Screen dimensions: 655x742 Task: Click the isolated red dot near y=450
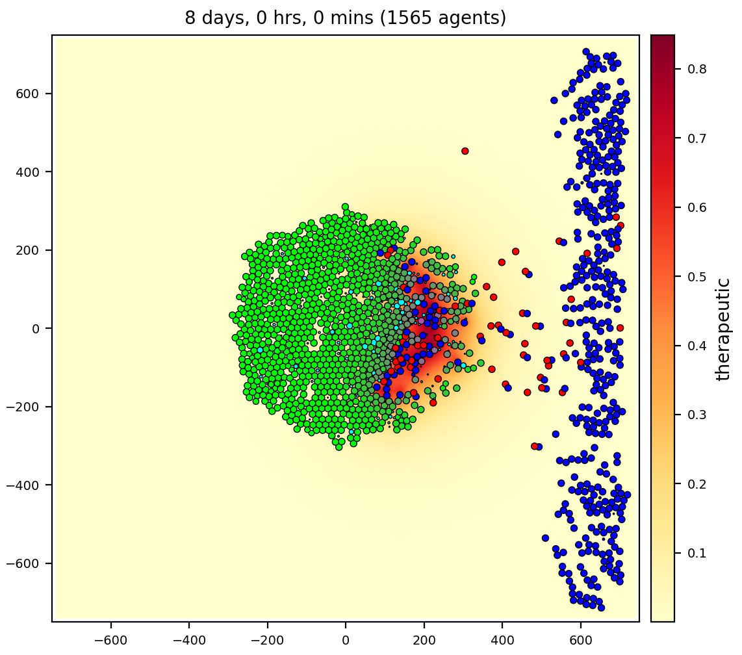point(465,151)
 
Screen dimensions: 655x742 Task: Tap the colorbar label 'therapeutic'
point(723,329)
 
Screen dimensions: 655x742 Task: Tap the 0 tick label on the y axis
point(36,329)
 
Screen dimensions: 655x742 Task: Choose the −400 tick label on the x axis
point(189,639)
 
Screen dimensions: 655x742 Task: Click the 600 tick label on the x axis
point(581,639)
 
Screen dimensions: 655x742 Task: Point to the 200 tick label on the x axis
point(424,639)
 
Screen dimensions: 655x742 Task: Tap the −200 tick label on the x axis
point(268,639)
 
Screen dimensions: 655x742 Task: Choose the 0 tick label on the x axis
point(346,639)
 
